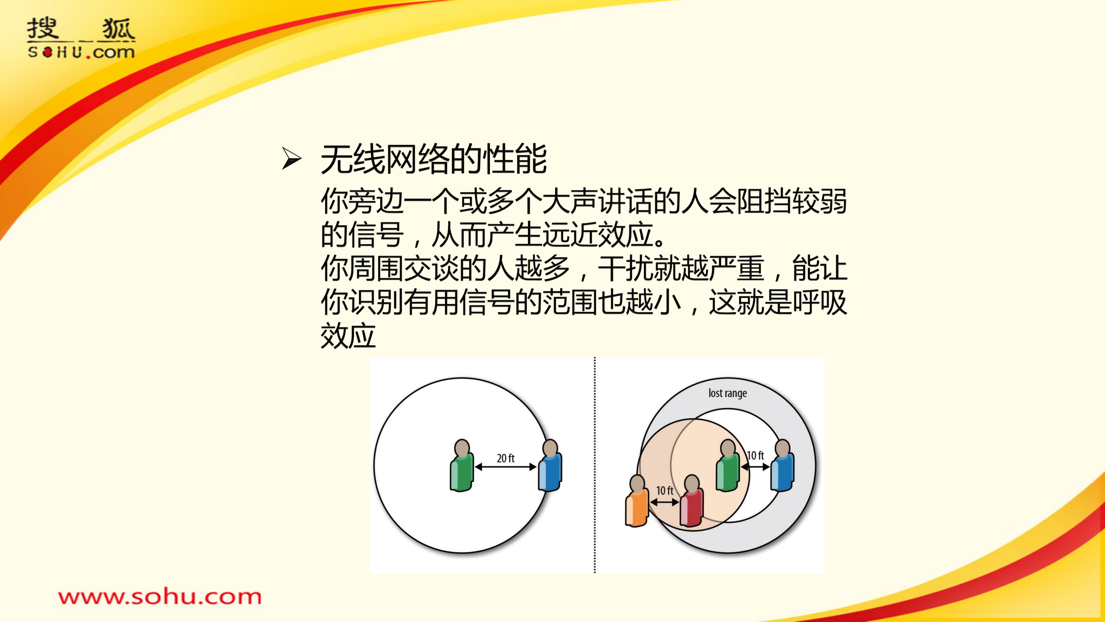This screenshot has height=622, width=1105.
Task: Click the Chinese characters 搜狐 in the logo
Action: click(x=81, y=29)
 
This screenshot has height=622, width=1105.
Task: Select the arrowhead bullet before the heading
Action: click(x=291, y=158)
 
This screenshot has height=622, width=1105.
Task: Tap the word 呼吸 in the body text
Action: click(x=819, y=302)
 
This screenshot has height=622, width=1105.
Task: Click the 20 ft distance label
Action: click(x=505, y=458)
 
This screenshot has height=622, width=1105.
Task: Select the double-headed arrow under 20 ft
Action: click(x=506, y=467)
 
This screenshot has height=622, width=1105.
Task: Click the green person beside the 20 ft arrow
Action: click(x=462, y=466)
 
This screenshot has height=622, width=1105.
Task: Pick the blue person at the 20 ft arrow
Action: click(x=550, y=466)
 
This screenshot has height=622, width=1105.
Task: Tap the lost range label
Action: click(x=728, y=393)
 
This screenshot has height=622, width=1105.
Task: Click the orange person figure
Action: click(x=637, y=501)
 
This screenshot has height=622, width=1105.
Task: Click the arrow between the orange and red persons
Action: click(x=664, y=502)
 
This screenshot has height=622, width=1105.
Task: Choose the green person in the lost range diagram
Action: click(x=728, y=466)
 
